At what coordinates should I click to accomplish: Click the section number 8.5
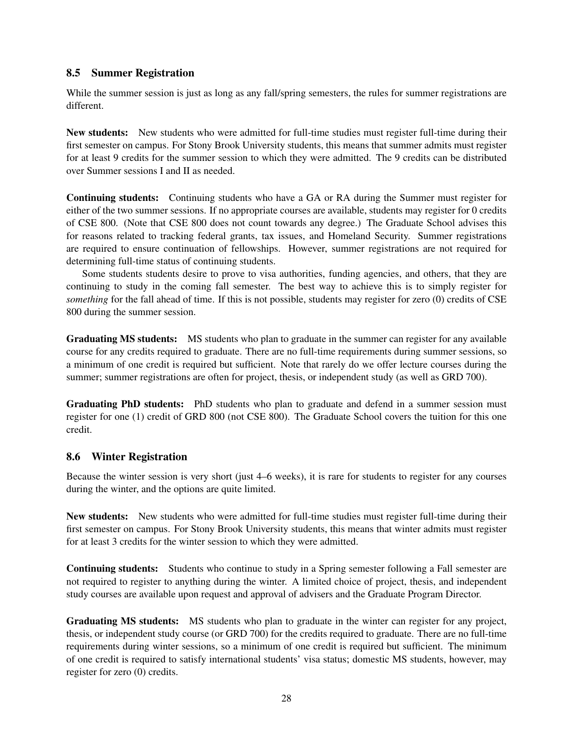coord(74,73)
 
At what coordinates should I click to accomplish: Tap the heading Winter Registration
coord(139,457)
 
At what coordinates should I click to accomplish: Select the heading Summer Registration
coord(143,73)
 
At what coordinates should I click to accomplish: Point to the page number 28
coord(286,698)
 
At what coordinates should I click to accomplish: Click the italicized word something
coord(87,299)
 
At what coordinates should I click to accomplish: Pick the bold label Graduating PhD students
coord(125,404)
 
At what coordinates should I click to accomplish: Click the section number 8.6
coord(74,457)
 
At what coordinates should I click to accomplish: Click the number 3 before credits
coord(115,542)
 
